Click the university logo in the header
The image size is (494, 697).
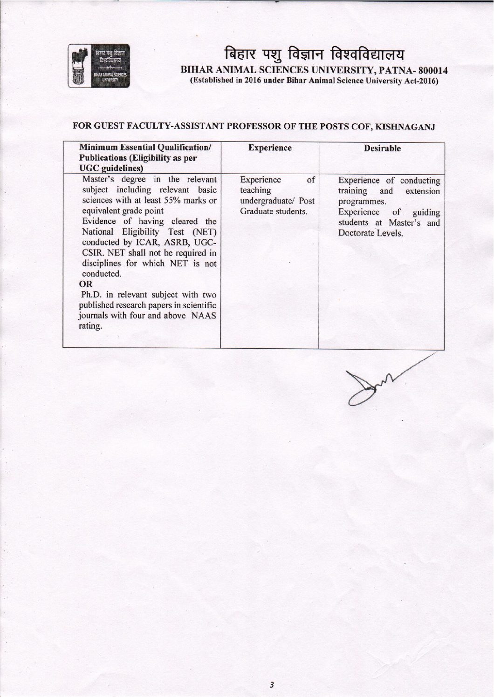coord(99,67)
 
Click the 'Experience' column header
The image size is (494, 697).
coord(270,148)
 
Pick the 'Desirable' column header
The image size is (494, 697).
coord(382,149)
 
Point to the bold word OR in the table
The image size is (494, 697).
coord(86,284)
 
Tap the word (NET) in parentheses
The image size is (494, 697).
coord(205,232)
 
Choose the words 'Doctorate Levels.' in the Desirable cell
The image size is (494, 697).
coord(370,233)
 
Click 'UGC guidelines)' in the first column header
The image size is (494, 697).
coord(111,168)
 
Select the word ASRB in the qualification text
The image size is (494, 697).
coord(176,242)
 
